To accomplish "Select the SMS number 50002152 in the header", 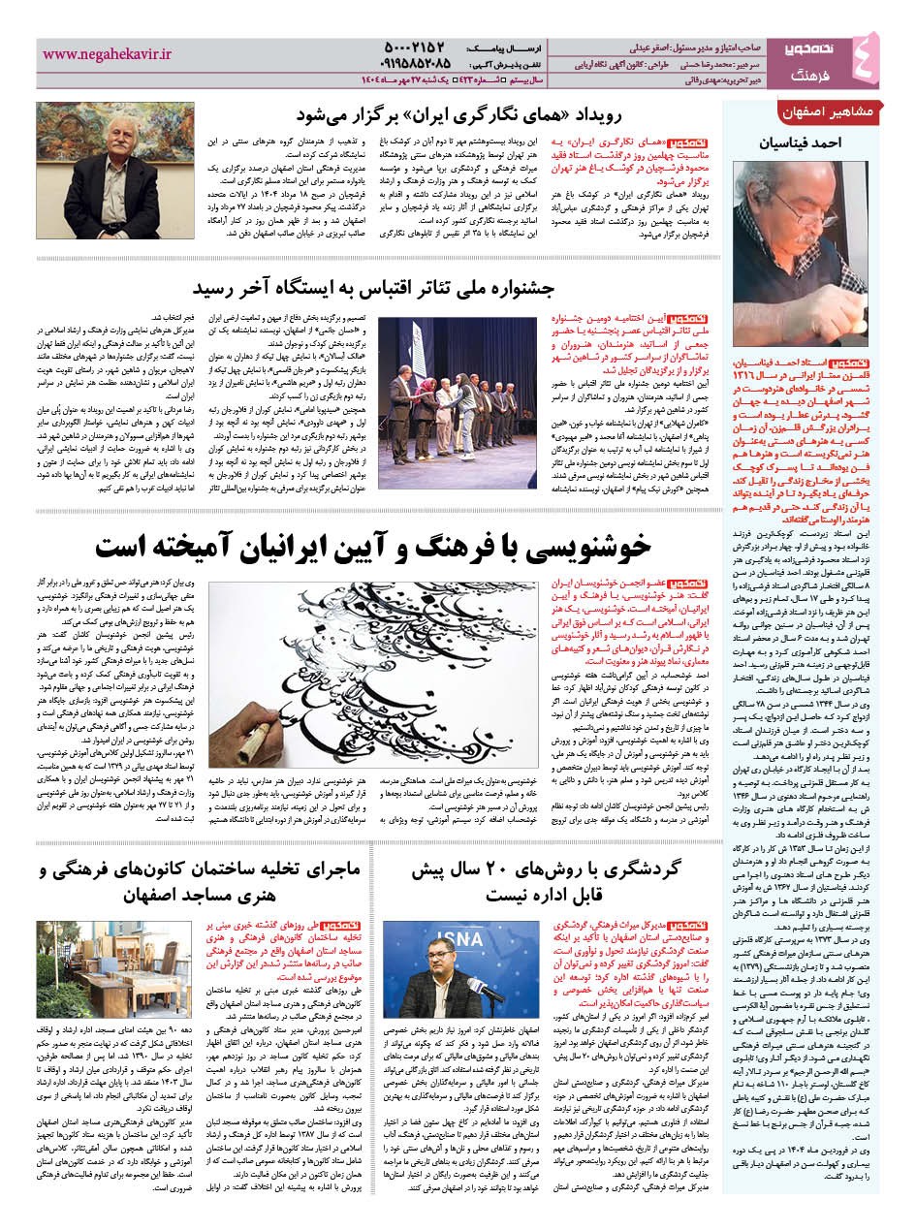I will pyautogui.click(x=399, y=47).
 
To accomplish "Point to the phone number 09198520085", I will pyautogui.click(x=395, y=65).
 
